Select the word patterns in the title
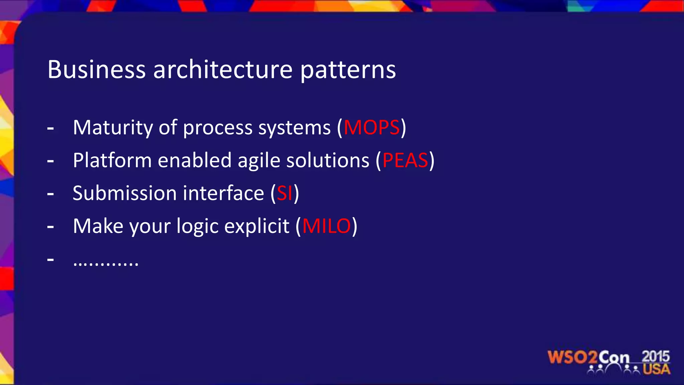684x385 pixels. tap(348, 71)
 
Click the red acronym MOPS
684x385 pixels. tap(372, 128)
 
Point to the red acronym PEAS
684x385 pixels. tap(405, 160)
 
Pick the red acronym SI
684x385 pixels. tap(285, 194)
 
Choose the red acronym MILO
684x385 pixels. tap(327, 226)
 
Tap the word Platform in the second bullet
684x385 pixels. tap(112, 160)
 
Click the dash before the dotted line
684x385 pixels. tap(51, 259)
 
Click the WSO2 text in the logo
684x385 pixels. tap(572, 357)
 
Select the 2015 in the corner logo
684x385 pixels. tap(655, 356)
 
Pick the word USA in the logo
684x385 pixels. tap(656, 369)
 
